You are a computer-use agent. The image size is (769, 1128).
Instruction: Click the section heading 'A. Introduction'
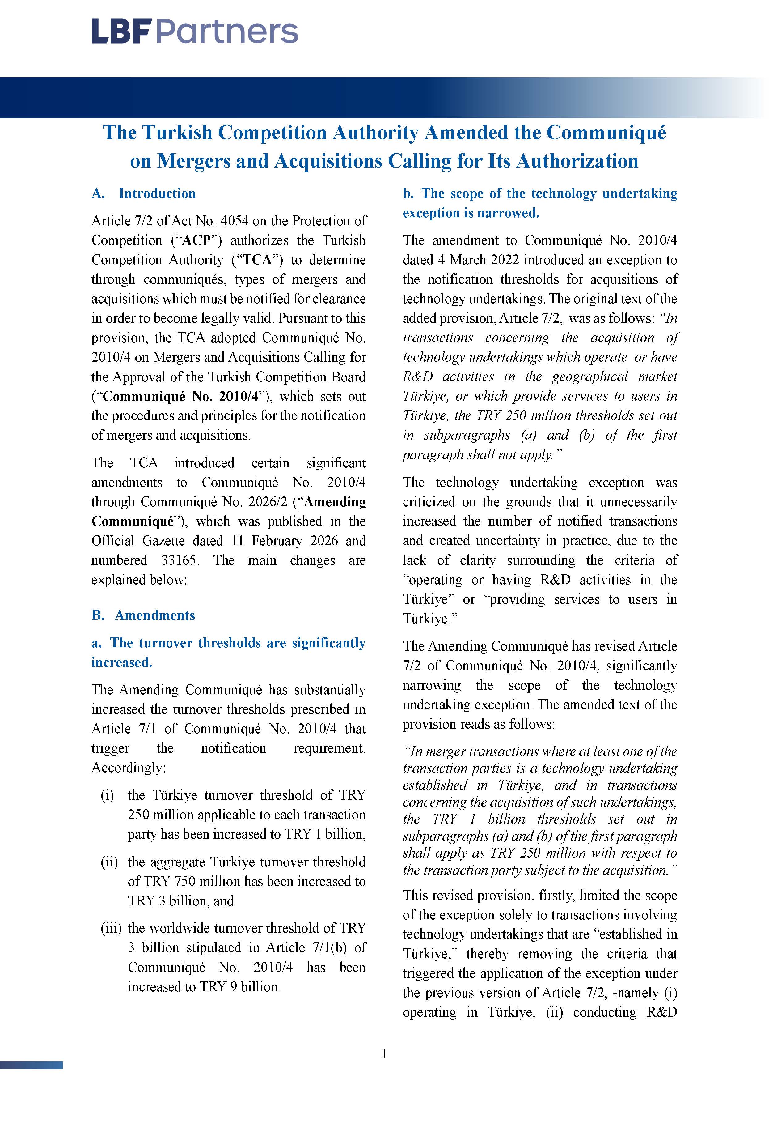click(x=144, y=193)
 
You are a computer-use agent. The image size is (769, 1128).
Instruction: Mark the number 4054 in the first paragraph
click(x=234, y=221)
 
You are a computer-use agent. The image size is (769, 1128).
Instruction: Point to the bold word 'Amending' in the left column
click(x=335, y=502)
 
